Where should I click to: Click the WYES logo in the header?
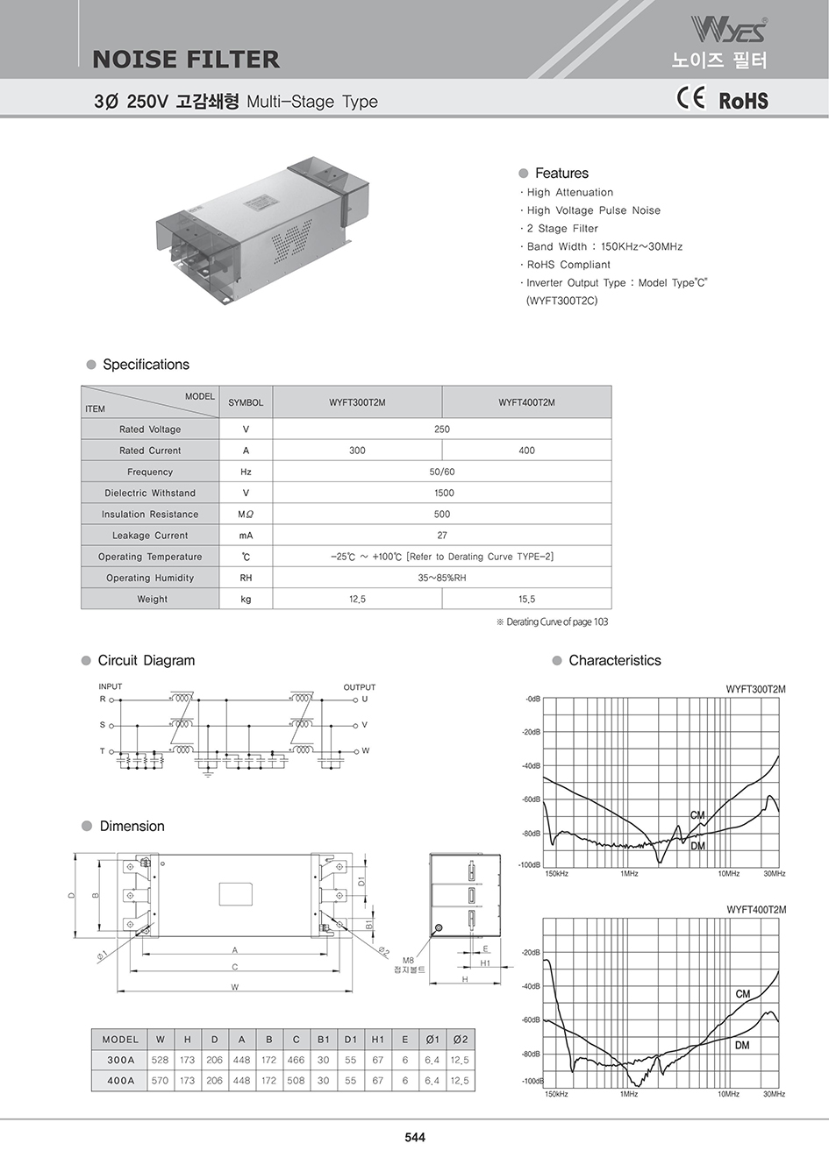point(728,29)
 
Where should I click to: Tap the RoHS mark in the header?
point(743,101)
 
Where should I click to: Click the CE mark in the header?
point(690,97)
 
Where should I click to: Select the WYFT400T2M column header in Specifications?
point(526,402)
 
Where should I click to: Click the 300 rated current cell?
point(357,451)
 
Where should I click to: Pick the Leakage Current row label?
point(150,536)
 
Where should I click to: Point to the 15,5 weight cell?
point(526,600)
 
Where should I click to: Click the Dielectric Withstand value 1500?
point(442,494)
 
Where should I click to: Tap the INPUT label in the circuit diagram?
point(111,686)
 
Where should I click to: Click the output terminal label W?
point(366,751)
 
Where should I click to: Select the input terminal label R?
point(102,700)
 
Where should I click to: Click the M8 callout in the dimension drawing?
point(408,961)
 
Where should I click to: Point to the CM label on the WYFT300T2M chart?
point(697,815)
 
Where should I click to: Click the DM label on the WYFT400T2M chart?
point(742,1046)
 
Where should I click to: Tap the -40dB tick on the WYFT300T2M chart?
point(531,766)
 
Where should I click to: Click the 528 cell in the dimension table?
point(160,1060)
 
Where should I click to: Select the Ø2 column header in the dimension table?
point(460,1040)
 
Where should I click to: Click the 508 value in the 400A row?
point(296,1081)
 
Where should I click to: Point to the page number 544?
point(415,1138)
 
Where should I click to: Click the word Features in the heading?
point(561,174)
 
